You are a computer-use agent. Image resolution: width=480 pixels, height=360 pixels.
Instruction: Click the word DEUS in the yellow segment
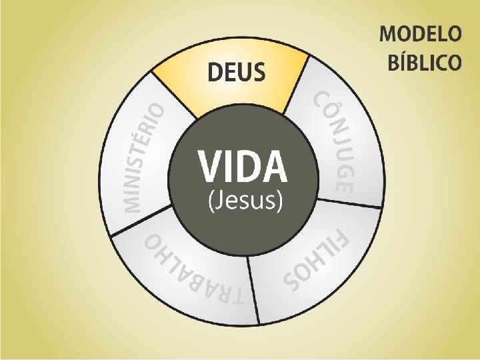237,71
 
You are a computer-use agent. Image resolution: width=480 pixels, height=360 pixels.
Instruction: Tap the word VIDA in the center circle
242,167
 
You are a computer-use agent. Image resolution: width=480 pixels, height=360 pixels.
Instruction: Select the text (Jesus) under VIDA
242,201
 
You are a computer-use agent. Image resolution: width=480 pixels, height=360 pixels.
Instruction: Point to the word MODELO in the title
420,34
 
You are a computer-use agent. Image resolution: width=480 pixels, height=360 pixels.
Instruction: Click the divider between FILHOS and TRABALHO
254,287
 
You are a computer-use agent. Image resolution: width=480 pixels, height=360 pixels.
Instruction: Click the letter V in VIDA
210,167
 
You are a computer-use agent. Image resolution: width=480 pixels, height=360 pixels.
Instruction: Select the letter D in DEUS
215,71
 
